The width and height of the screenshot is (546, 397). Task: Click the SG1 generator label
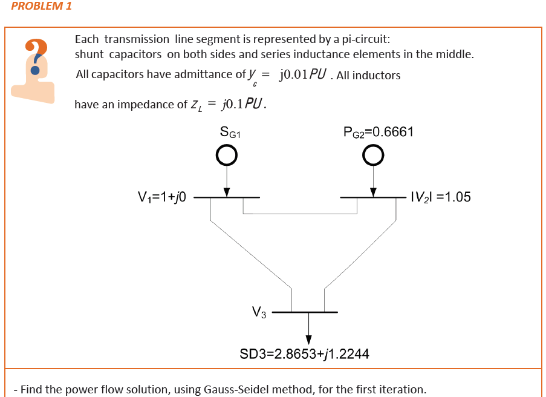tap(231, 133)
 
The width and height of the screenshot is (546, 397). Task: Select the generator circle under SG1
tap(226, 156)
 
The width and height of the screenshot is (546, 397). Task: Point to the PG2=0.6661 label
tap(378, 132)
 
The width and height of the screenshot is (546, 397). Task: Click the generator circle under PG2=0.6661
tap(374, 156)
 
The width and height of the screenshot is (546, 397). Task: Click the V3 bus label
tap(258, 312)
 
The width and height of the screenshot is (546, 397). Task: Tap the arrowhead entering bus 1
tap(227, 192)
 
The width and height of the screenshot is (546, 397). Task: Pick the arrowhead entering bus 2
tap(374, 192)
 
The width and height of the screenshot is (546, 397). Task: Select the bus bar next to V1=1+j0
tap(227, 197)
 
